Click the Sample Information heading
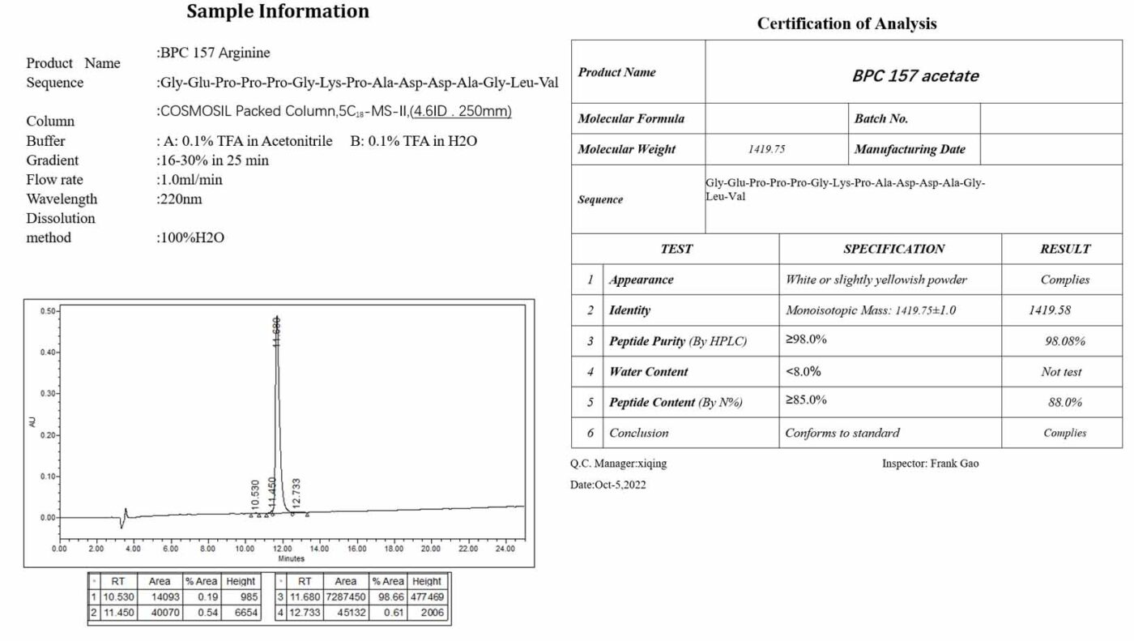tap(278, 11)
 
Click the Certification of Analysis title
tap(846, 24)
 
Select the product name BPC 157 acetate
tap(914, 75)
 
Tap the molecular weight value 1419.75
tap(767, 149)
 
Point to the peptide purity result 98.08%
tap(1064, 341)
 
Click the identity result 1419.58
tap(1050, 310)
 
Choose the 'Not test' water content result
tap(1061, 372)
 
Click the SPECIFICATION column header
tap(893, 249)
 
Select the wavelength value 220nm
tap(179, 199)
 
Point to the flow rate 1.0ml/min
tap(189, 179)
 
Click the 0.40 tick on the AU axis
tap(49, 353)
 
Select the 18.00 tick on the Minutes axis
tap(394, 549)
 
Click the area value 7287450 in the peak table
tap(345, 596)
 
